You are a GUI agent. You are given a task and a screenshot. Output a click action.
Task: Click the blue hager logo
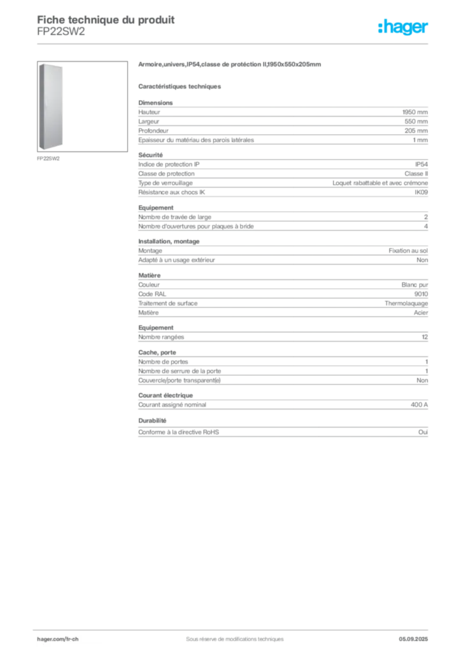404,27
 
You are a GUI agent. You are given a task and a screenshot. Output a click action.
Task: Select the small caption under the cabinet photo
48,158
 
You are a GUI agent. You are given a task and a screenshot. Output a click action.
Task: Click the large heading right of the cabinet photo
232,66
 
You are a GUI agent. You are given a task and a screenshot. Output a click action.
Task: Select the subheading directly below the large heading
181,85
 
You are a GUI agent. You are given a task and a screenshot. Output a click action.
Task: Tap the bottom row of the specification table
283,430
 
